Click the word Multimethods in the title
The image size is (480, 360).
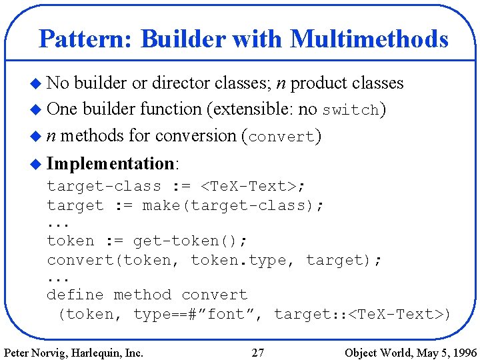pyautogui.click(x=369, y=39)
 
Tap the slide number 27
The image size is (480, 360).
pyautogui.click(x=258, y=352)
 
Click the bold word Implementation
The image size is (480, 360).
pyautogui.click(x=111, y=163)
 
